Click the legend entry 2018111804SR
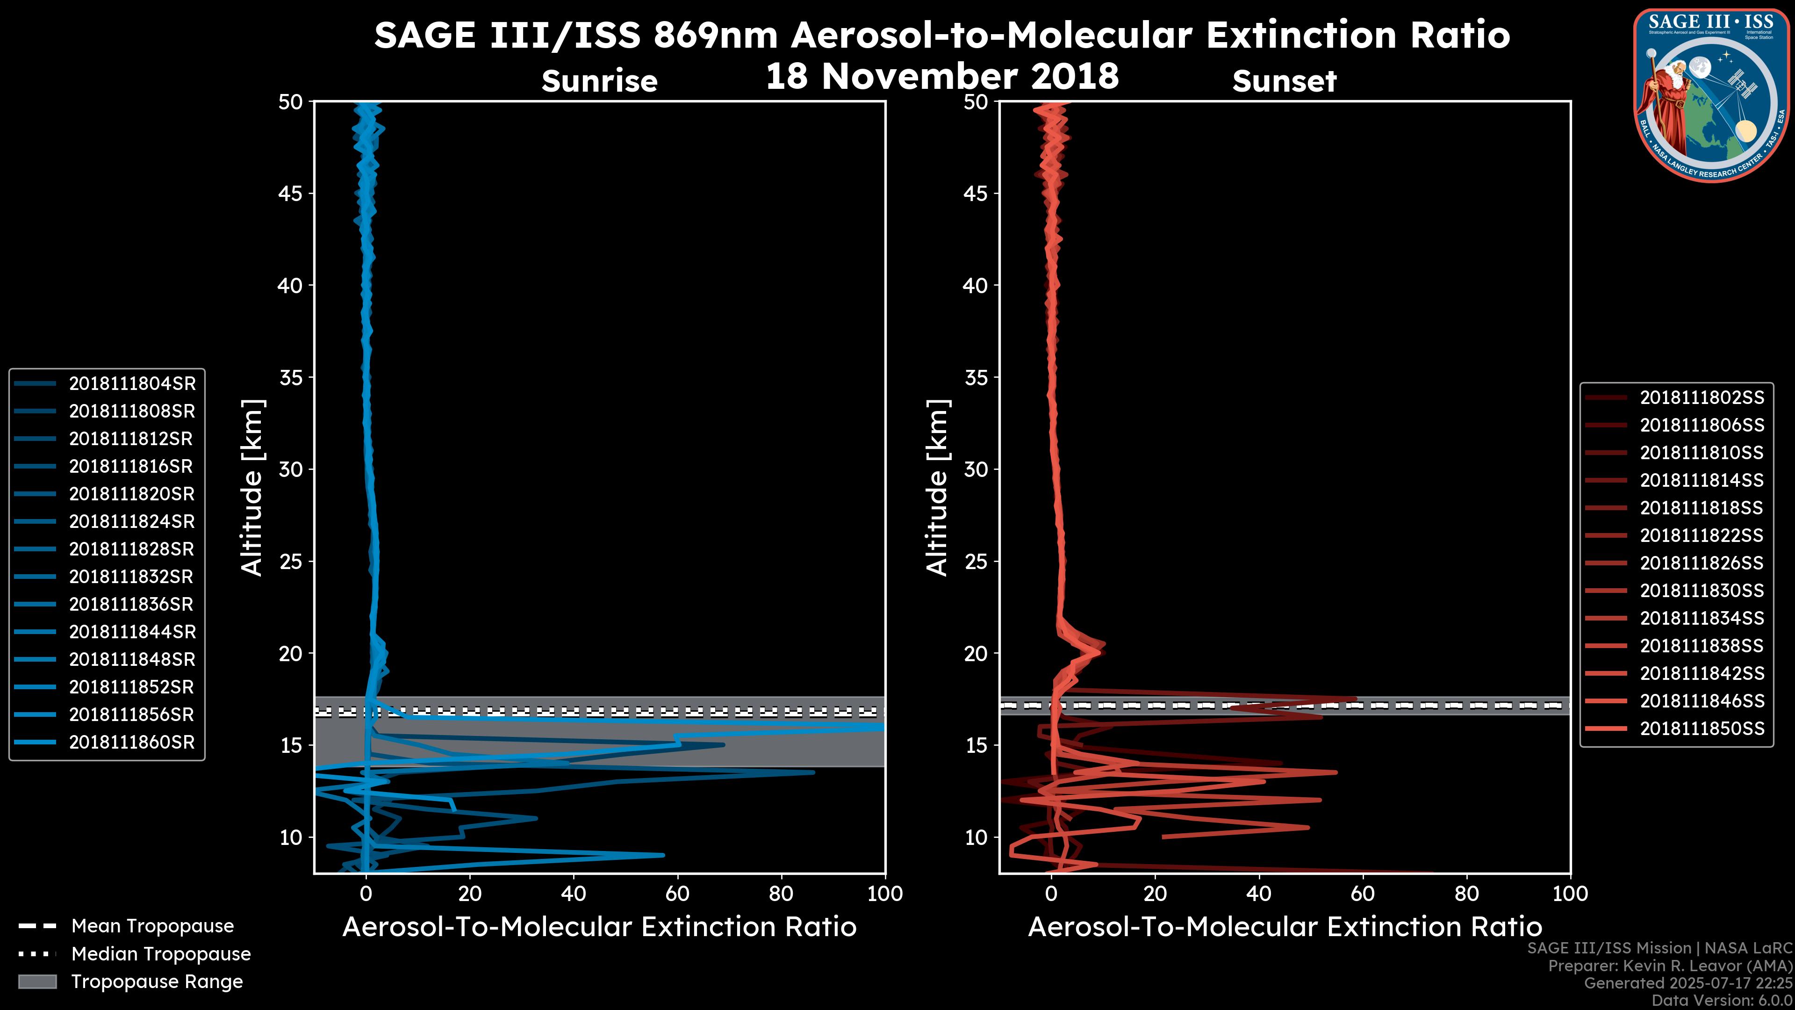tap(132, 383)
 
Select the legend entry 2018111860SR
tap(132, 743)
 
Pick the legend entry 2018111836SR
tap(132, 604)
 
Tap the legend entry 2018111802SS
tap(1702, 397)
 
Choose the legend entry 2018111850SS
tap(1702, 729)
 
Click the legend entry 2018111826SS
tap(1702, 563)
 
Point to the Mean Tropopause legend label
tap(152, 926)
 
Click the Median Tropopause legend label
tap(161, 954)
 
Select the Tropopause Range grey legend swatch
tap(37, 981)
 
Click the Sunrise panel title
tap(599, 81)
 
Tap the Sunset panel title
tap(1284, 81)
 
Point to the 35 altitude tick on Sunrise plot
tap(291, 378)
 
